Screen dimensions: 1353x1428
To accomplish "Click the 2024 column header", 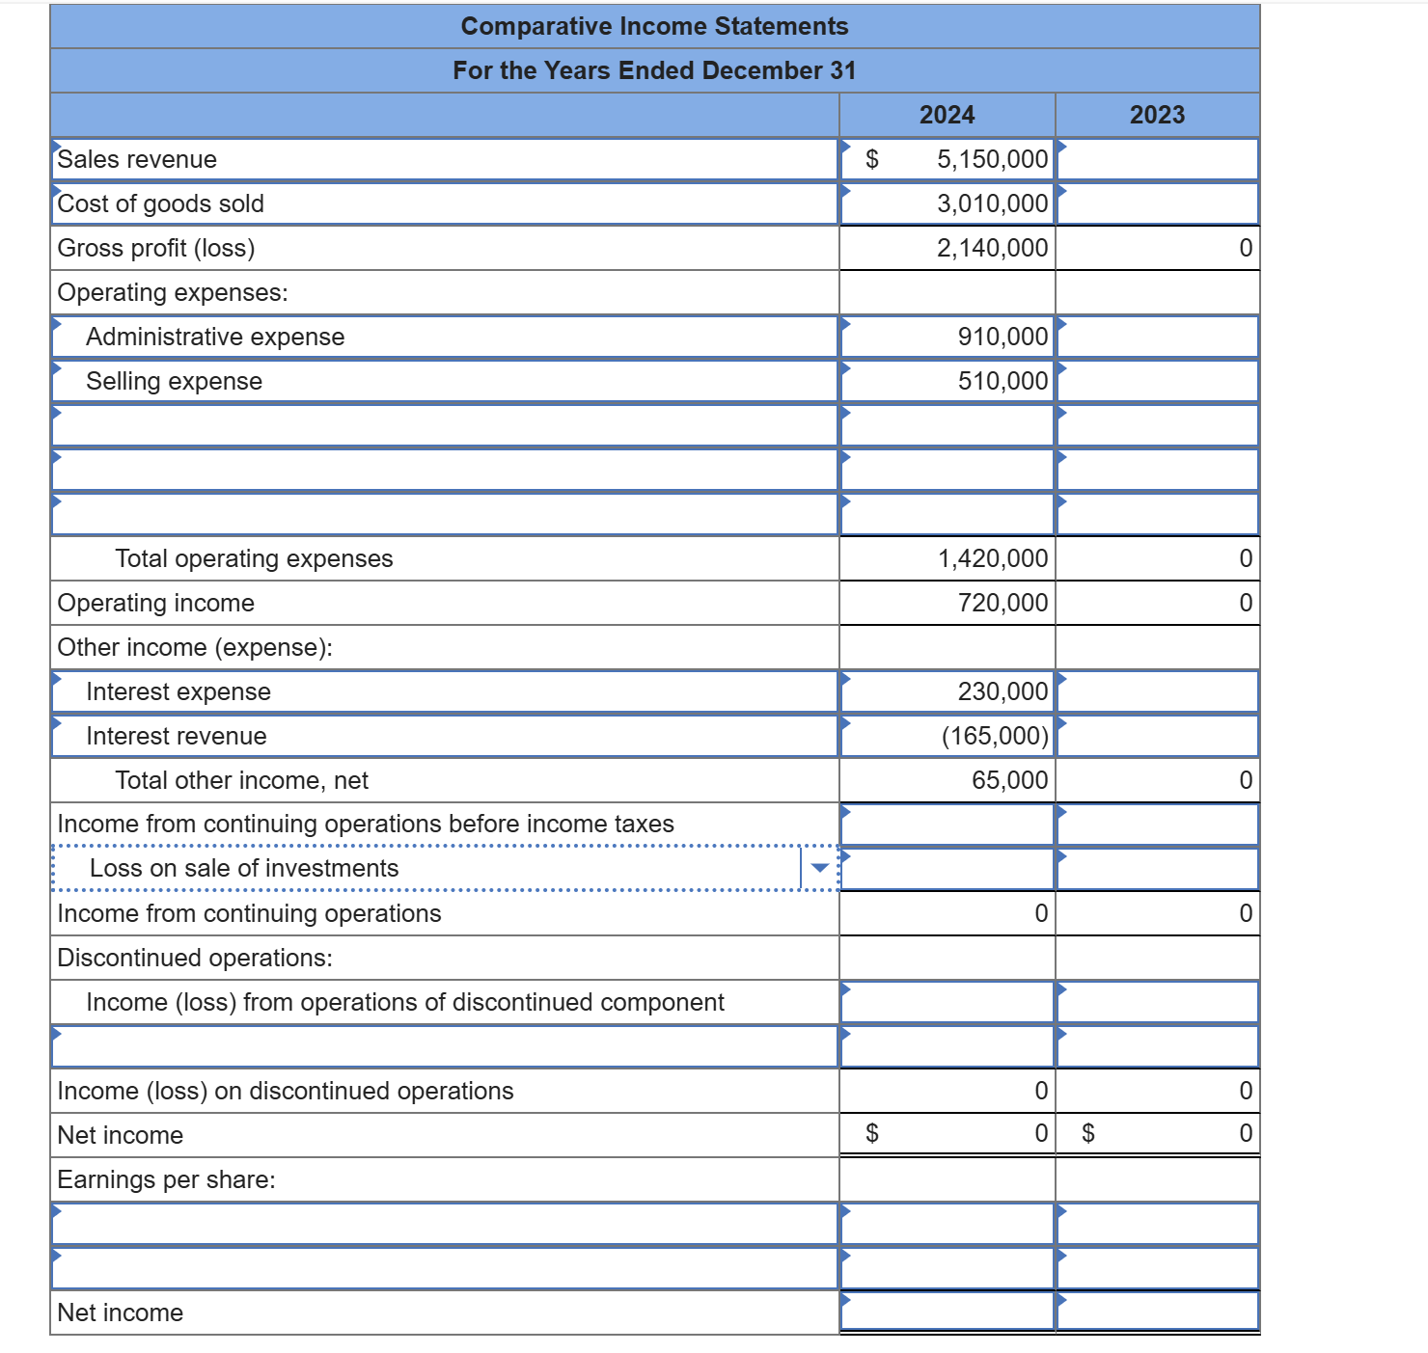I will coord(947,115).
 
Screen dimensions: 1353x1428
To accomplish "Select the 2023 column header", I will coord(1157,115).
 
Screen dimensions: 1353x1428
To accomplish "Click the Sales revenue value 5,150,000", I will coord(992,159).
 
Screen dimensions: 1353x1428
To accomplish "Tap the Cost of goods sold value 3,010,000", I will coord(992,203).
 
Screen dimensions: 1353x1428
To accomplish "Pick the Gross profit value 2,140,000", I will coord(992,248).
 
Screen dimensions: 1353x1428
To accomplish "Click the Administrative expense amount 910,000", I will coord(1002,337).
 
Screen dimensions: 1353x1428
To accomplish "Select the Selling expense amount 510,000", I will coord(1002,381).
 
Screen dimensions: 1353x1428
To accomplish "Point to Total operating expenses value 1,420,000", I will coord(993,558).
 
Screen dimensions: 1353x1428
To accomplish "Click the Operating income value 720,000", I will coord(1002,603).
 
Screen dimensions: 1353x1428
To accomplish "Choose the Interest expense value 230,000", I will coord(1002,691).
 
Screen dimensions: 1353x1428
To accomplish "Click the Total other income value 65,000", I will coord(1009,780).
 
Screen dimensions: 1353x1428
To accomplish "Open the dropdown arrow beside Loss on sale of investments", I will coord(819,868).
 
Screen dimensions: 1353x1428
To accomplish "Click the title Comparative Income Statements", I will coord(654,26).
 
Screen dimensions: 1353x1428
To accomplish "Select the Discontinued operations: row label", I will coord(195,958).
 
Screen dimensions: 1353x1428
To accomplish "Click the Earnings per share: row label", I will coord(166,1179).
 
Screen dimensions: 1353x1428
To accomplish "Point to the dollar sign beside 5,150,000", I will coord(872,159).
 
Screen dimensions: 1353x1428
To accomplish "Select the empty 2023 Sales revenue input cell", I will coord(1158,159).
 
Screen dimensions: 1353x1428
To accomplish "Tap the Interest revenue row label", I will coord(177,736).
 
